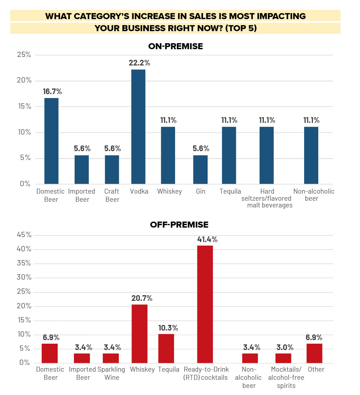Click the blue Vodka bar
pyautogui.click(x=138, y=127)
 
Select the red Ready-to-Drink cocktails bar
pyautogui.click(x=205, y=304)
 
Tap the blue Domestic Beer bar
pyautogui.click(x=51, y=141)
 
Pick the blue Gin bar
pyautogui.click(x=200, y=170)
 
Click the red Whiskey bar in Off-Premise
pyautogui.click(x=139, y=333)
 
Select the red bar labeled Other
pyautogui.click(x=314, y=353)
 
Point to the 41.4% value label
pyautogui.click(x=207, y=239)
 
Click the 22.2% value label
pyautogui.click(x=139, y=63)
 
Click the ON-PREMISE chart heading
pyautogui.click(x=176, y=46)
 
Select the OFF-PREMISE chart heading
pyautogui.click(x=179, y=224)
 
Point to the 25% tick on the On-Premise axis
pyautogui.click(x=24, y=55)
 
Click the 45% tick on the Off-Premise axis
pyautogui.click(x=24, y=235)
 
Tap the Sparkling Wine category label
pyautogui.click(x=111, y=373)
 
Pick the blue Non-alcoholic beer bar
pyautogui.click(x=311, y=155)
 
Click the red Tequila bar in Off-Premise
pyautogui.click(x=166, y=348)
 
